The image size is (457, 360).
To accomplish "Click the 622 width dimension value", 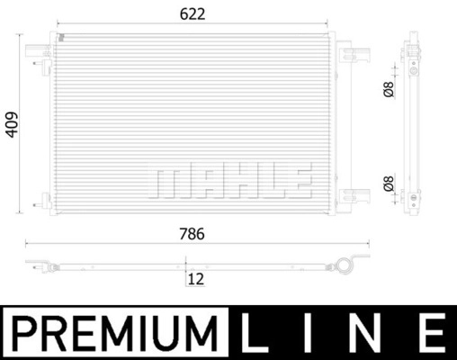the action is [193, 14].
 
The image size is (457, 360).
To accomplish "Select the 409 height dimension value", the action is [13, 125].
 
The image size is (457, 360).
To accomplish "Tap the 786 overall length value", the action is [192, 234].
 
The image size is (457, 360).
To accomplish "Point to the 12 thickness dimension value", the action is [196, 279].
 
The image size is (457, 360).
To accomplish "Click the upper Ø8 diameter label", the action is [389, 89].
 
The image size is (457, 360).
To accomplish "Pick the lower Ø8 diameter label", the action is [389, 184].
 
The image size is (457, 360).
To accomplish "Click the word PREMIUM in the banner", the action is [115, 334].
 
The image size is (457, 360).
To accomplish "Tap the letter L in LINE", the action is [255, 333].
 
